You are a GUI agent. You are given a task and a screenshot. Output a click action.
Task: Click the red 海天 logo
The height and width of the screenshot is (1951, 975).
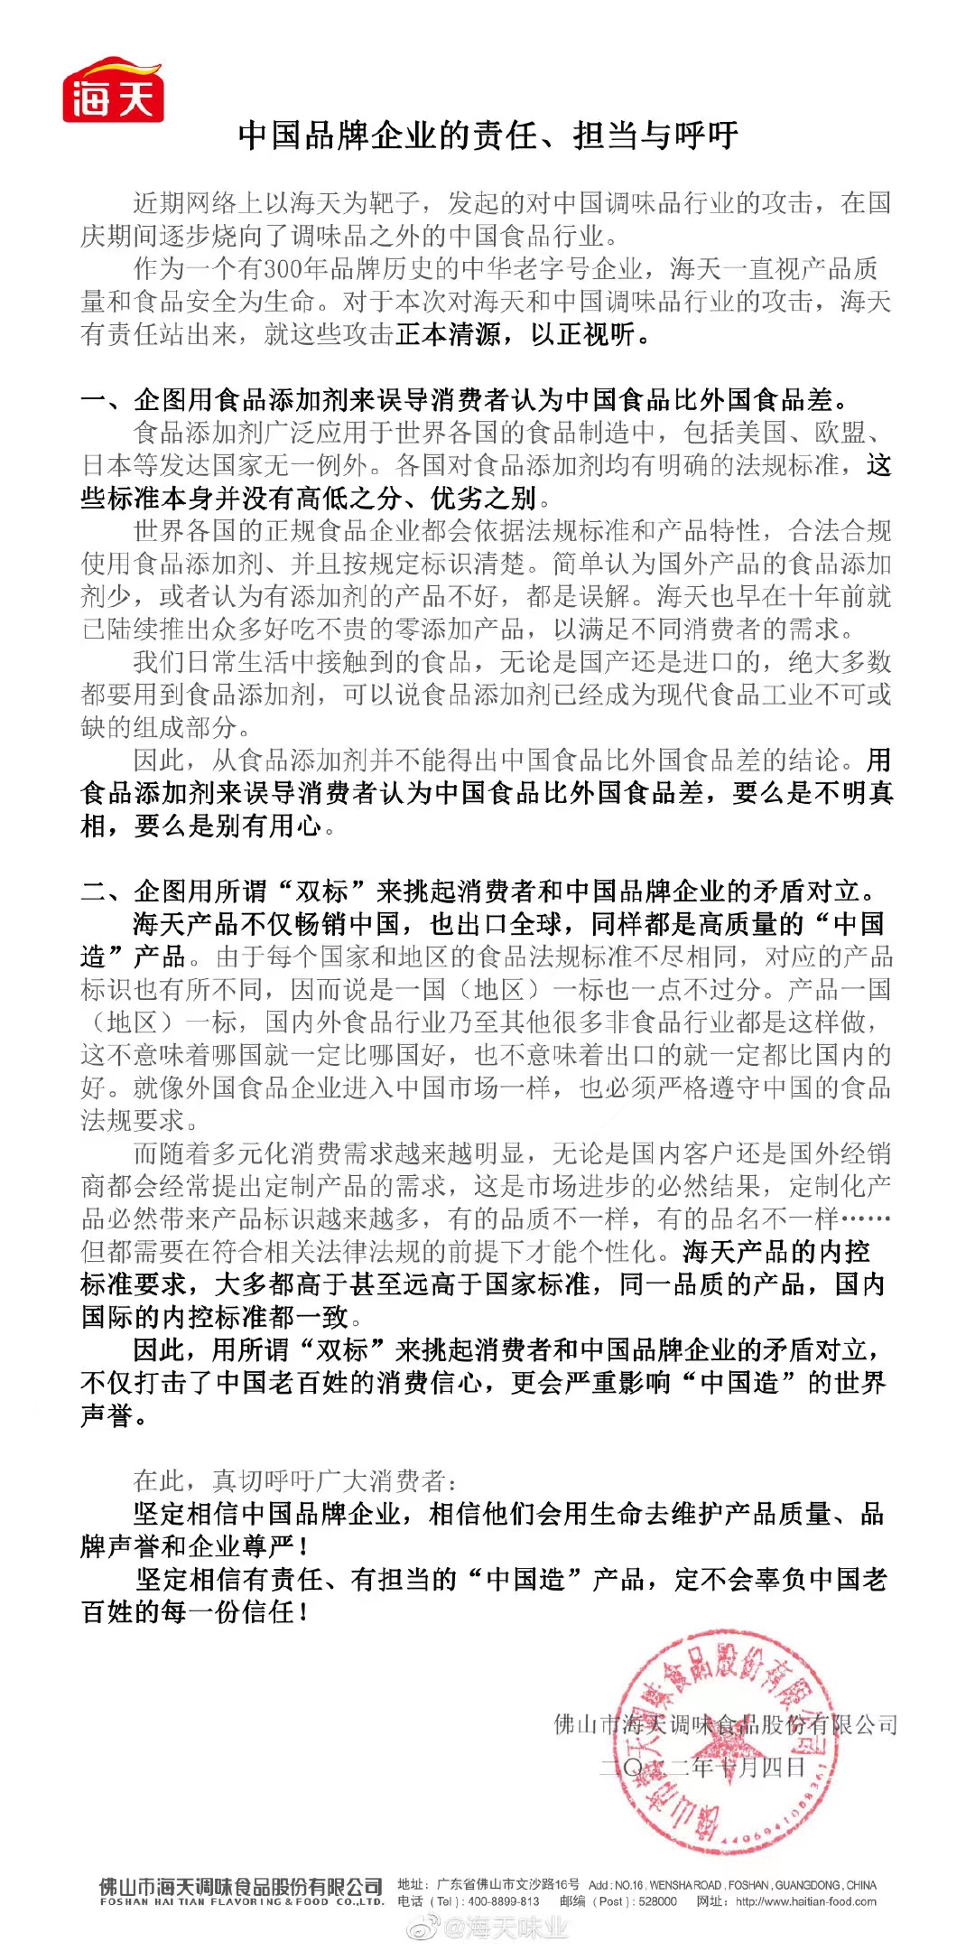113,91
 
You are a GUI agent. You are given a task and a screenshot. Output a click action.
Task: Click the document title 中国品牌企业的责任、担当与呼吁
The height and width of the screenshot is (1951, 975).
488,135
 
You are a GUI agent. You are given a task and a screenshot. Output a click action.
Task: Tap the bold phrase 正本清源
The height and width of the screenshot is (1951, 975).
448,334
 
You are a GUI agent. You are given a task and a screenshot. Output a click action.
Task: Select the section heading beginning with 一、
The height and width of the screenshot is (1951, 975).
464,399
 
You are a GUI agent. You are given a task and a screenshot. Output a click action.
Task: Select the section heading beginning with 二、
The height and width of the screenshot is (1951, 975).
478,891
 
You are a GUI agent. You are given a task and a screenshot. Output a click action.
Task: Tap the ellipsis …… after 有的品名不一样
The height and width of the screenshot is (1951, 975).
866,1218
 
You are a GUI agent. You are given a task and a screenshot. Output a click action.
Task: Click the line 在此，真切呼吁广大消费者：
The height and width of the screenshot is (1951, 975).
295,1480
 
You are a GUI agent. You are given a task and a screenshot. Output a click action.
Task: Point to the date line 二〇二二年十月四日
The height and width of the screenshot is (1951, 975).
702,1767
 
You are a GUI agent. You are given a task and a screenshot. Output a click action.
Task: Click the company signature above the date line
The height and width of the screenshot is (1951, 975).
725,1724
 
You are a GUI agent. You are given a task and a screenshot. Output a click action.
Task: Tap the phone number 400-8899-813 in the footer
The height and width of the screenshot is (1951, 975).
503,1901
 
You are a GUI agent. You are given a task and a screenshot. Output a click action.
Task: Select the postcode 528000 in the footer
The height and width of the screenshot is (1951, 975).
657,1901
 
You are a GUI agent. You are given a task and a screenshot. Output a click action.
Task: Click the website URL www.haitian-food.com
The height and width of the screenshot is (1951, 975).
805,1901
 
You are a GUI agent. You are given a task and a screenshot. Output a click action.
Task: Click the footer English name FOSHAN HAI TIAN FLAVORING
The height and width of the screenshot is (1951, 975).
241,1902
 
